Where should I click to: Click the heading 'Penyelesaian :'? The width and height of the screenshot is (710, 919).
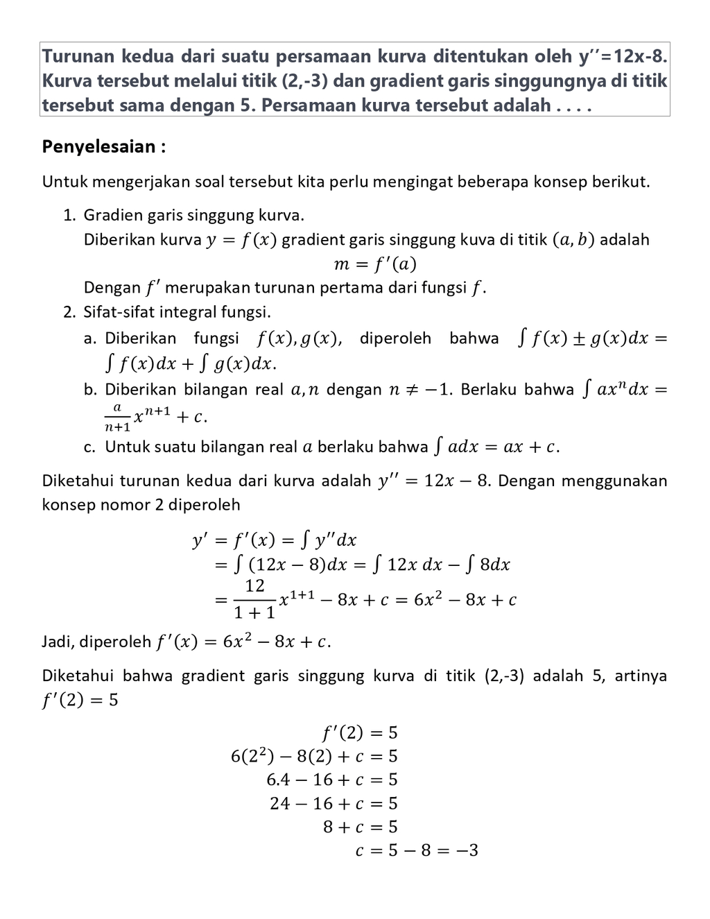104,147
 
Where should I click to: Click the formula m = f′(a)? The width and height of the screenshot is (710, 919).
375,264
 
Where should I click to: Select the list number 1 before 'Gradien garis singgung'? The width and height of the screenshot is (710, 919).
69,215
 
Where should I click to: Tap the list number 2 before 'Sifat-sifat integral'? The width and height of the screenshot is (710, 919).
69,312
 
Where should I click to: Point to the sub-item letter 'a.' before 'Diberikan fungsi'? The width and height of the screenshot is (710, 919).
89,338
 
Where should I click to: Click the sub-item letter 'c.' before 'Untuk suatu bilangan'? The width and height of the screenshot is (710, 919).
89,447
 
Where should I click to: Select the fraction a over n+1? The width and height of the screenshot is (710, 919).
117,417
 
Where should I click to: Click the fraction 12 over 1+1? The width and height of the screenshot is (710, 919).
254,599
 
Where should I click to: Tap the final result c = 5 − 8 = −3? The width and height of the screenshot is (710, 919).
417,850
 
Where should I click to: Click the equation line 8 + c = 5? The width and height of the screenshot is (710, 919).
361,827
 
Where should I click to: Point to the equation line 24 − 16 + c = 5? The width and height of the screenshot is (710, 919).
334,803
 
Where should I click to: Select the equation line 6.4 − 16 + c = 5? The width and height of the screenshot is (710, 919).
332,780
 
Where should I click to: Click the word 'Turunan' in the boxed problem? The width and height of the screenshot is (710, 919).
78,55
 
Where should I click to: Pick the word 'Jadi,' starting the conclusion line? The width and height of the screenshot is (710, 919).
58,642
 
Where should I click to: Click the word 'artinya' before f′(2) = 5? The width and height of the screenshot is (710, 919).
641,676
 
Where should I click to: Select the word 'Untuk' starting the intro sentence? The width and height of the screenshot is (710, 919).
64,182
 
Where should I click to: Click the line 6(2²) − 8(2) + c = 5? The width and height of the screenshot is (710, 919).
314,756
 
